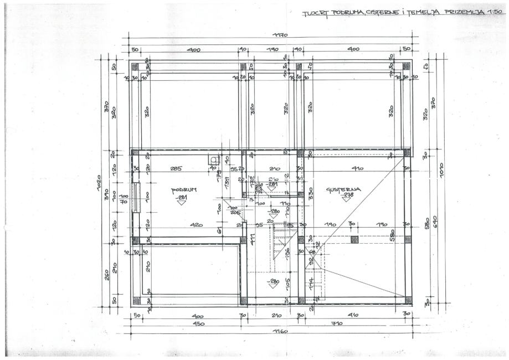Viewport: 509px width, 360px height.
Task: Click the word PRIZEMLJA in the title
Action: pos(460,11)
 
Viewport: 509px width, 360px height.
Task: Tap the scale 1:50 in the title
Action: pos(493,11)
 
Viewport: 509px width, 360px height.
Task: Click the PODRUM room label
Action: pos(183,189)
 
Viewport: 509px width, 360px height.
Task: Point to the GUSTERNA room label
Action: pos(343,189)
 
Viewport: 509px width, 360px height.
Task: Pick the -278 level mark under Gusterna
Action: pos(347,196)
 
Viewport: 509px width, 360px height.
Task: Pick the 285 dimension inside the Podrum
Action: pos(177,168)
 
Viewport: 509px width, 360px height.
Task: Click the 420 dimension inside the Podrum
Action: pos(196,225)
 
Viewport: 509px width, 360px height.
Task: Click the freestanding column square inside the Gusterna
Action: pos(354,240)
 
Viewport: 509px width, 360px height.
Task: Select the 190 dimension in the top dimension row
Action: pos(271,50)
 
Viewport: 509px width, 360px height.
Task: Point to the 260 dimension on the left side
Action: pos(107,274)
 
